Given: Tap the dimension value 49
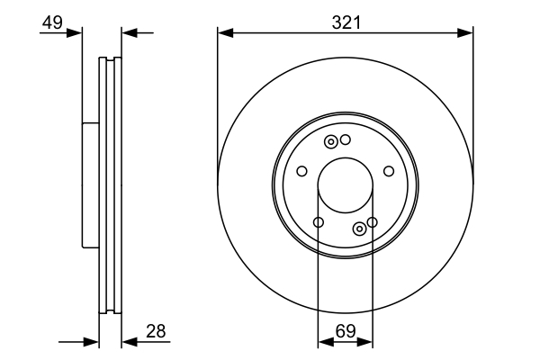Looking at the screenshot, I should pyautogui.click(x=52, y=22).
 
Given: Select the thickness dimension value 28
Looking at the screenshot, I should pyautogui.click(x=156, y=331).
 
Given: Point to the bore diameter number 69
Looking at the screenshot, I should pyautogui.click(x=346, y=331).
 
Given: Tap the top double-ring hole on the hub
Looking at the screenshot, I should pyautogui.click(x=331, y=141).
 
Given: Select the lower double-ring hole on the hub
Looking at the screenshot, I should pyautogui.click(x=359, y=228).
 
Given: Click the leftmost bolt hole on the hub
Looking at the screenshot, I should pyautogui.click(x=302, y=171).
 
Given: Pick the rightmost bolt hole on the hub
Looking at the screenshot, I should pyautogui.click(x=389, y=171).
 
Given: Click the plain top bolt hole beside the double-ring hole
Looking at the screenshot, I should pyautogui.click(x=345, y=139).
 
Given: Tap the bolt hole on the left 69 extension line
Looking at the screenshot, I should pyautogui.click(x=319, y=222).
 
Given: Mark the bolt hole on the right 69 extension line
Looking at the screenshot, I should pyautogui.click(x=372, y=222).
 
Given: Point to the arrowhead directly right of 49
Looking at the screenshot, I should pyautogui.click(x=75, y=33).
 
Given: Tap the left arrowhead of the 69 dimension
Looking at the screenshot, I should pyautogui.click(x=325, y=342).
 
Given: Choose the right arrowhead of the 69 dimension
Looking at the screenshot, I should pyautogui.click(x=365, y=342).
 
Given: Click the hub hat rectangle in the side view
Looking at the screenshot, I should pyautogui.click(x=89, y=184).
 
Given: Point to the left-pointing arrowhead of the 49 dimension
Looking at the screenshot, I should pyautogui.click(x=129, y=33).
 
